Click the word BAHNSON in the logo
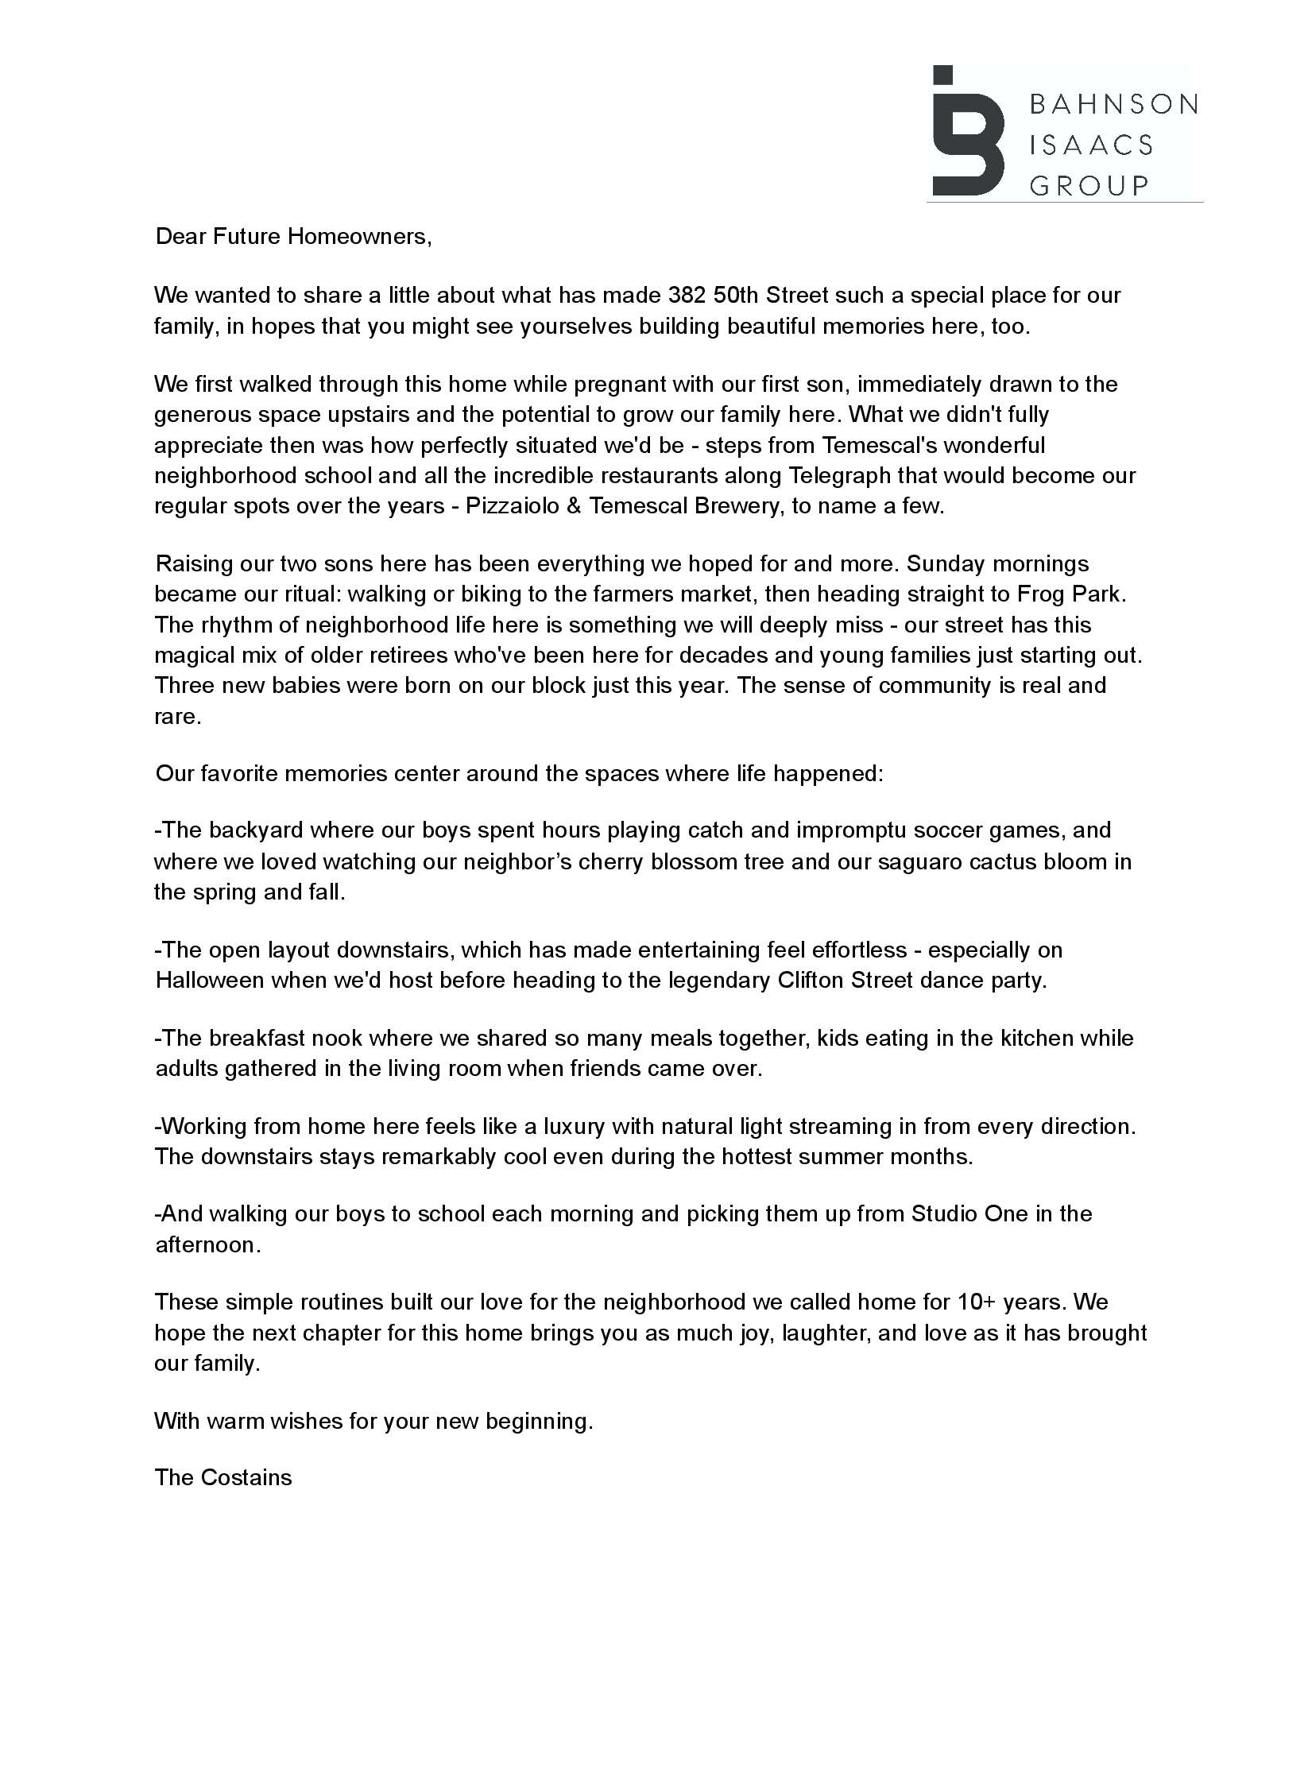click(1113, 104)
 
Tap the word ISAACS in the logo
click(1090, 145)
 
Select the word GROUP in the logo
click(1089, 186)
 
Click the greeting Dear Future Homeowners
click(293, 237)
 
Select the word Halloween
click(210, 980)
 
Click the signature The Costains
click(223, 1478)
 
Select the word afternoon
click(206, 1245)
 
